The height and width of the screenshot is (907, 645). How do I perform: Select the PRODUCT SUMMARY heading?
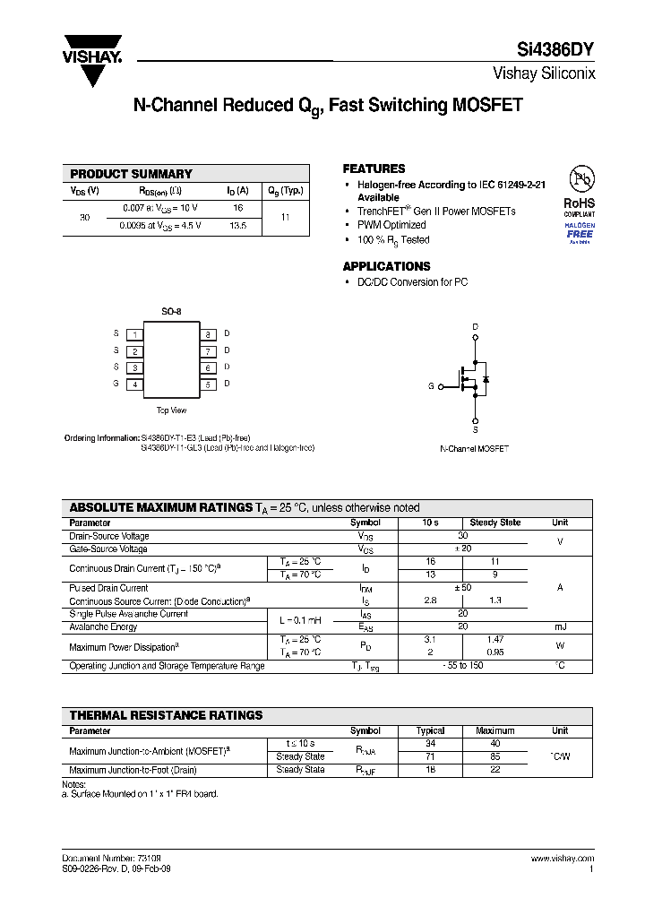point(131,174)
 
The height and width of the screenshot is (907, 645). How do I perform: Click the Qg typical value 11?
point(285,217)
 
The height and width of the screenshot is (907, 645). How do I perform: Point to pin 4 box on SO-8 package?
point(134,384)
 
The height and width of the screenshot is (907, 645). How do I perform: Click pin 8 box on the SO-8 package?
point(207,334)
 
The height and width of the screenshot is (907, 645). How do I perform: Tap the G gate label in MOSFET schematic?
point(431,386)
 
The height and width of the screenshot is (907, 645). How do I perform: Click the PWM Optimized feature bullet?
point(391,225)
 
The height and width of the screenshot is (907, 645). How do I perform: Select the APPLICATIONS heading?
point(386,266)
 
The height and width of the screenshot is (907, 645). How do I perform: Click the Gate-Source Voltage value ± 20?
point(463,549)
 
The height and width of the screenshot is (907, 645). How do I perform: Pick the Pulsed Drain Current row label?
point(108,588)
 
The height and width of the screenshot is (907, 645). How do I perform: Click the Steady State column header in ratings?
point(495,523)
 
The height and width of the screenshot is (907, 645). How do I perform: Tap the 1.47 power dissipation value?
point(495,640)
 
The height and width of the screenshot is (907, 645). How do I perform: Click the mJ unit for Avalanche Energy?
point(560,626)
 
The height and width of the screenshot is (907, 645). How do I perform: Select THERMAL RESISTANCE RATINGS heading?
point(166,715)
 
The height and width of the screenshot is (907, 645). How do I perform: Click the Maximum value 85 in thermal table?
point(495,756)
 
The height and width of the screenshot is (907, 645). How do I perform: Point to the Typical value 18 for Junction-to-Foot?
point(431,769)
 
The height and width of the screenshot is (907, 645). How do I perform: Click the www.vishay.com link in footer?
point(562,858)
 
